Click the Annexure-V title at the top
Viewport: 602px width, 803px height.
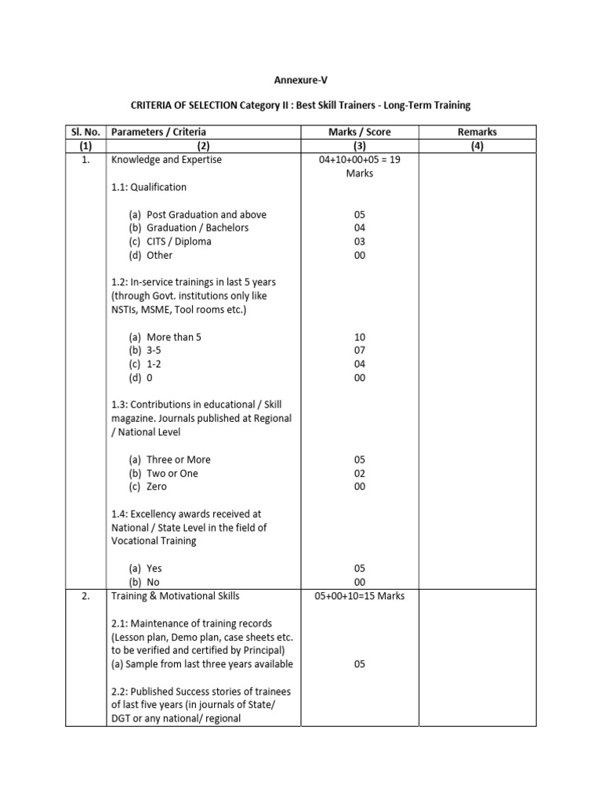point(300,79)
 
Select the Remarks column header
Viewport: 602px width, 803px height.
point(477,133)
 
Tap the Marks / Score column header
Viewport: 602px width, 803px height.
point(360,133)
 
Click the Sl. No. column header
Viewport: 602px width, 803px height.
point(85,133)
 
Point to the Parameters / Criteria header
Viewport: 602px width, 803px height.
point(159,133)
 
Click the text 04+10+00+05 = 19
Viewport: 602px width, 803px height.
point(360,160)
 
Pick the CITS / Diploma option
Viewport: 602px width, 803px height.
point(179,242)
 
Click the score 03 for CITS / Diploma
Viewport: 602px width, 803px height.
point(360,242)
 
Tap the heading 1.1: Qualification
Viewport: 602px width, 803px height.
point(149,187)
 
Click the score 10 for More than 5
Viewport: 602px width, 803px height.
point(360,336)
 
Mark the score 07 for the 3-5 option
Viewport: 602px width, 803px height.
point(360,351)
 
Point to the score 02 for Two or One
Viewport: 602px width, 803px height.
point(360,474)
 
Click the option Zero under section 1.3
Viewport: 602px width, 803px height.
point(157,487)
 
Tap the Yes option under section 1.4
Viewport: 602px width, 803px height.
point(154,568)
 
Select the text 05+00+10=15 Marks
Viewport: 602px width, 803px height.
point(360,596)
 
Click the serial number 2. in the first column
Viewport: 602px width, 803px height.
point(85,596)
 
